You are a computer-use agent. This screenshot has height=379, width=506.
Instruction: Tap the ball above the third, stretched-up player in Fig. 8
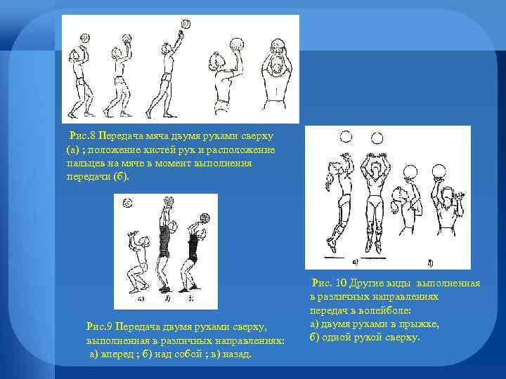tap(186, 24)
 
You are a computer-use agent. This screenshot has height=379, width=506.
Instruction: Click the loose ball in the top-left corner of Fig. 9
tap(126, 204)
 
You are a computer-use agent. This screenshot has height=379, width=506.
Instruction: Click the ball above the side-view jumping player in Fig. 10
tap(345, 138)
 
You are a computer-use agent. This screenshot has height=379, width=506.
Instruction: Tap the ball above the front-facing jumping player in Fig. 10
tap(378, 137)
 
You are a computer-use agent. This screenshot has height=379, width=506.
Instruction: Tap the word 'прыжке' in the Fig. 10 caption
tap(422, 324)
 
